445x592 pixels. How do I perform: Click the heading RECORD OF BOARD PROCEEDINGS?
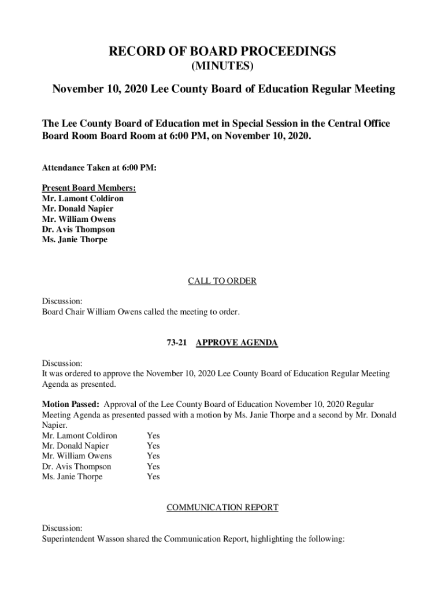(222, 52)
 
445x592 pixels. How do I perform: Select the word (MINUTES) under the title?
(222, 66)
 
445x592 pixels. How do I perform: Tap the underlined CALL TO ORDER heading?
(222, 282)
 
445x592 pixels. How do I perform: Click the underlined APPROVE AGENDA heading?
(237, 343)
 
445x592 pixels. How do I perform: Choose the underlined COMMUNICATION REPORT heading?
(222, 508)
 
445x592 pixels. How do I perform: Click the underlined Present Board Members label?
(89, 188)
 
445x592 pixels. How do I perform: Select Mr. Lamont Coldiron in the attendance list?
(83, 198)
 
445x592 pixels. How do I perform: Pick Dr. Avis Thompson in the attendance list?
(78, 230)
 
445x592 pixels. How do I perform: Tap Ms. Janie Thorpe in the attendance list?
(75, 240)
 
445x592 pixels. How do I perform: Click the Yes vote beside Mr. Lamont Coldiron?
(153, 436)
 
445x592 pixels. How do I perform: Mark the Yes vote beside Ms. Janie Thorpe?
(153, 477)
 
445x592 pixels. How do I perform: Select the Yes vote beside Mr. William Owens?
(153, 456)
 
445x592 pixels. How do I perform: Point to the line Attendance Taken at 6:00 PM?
(99, 168)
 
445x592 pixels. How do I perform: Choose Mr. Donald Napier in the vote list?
(75, 446)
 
